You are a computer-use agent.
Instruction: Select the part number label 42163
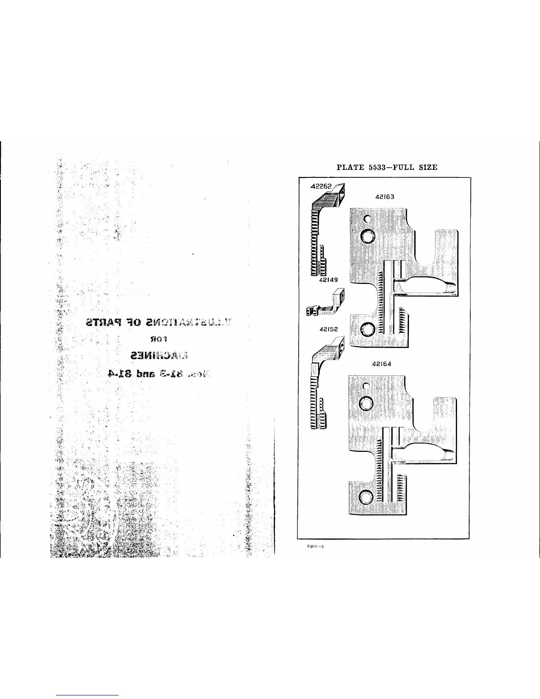pyautogui.click(x=385, y=198)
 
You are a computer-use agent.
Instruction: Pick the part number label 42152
pyautogui.click(x=329, y=329)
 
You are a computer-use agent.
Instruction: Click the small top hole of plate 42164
pyautogui.click(x=366, y=386)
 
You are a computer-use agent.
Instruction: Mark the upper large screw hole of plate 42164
pyautogui.click(x=366, y=403)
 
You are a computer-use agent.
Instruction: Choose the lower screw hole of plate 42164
pyautogui.click(x=366, y=497)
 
